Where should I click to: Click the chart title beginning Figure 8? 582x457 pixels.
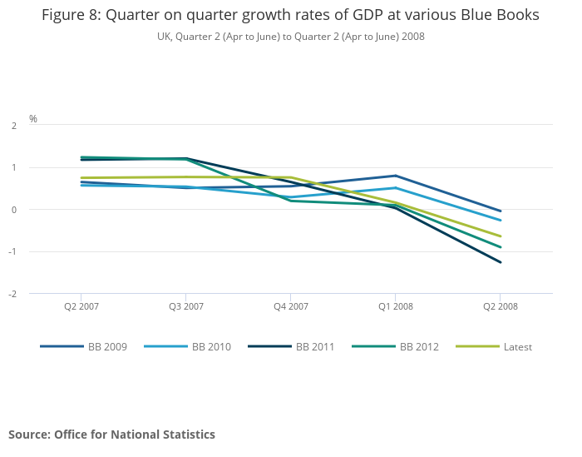[x=290, y=15]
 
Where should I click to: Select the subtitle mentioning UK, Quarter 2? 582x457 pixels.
[x=290, y=37]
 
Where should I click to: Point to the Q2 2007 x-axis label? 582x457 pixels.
[x=81, y=306]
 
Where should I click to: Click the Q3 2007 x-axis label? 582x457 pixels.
[x=186, y=306]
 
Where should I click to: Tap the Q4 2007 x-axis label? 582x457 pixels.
[x=291, y=306]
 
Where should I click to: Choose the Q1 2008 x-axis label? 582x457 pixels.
[x=396, y=306]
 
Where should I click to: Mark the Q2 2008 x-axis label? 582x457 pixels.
[x=501, y=306]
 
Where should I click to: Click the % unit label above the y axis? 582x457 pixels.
[x=33, y=118]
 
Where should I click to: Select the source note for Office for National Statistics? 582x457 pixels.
[x=111, y=435]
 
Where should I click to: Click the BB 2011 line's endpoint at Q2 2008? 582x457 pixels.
[x=501, y=262]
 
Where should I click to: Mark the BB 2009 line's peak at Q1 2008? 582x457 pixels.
[x=396, y=176]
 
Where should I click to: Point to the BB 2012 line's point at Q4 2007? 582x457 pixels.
[x=291, y=201]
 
